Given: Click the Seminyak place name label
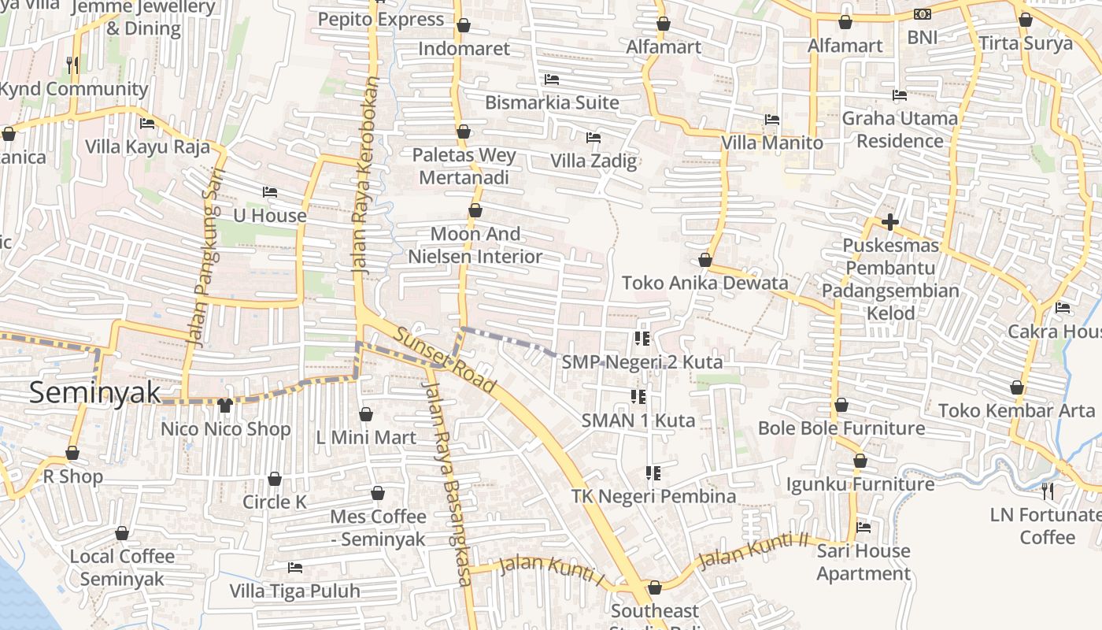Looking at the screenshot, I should click(94, 392).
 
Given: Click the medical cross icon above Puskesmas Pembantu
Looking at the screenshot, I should click(890, 222).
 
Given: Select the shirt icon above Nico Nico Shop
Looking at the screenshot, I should click(225, 405).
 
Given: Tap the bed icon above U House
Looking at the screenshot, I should click(270, 191).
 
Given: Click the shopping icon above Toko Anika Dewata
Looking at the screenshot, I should click(705, 260).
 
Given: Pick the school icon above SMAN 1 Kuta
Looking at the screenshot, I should click(638, 396).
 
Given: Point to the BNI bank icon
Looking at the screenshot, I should click(923, 14).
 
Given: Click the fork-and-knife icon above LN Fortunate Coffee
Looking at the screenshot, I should click(1048, 491).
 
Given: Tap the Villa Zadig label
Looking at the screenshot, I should click(594, 161).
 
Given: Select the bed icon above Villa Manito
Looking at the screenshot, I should click(772, 120).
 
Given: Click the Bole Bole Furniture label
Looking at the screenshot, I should click(841, 428).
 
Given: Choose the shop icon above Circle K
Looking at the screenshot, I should click(275, 479).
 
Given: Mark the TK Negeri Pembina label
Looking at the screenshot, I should click(653, 496).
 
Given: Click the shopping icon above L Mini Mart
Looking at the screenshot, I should click(366, 414).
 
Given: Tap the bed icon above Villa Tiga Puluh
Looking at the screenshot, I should click(295, 567).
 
